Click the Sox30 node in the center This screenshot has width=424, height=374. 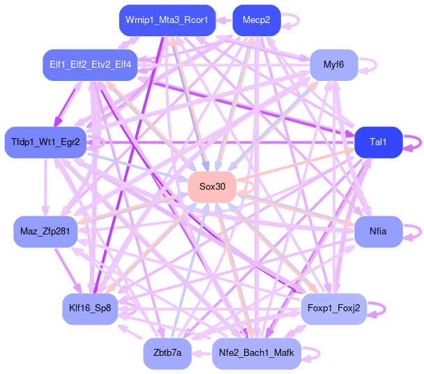click(212, 186)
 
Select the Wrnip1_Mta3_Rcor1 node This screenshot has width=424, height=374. click(167, 20)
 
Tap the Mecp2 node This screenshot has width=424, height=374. click(256, 20)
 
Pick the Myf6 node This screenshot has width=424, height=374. click(334, 65)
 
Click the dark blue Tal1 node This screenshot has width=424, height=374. click(378, 142)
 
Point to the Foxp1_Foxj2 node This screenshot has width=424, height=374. click(333, 308)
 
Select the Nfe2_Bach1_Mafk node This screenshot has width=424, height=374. click(256, 353)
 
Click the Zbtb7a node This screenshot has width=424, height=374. click(167, 353)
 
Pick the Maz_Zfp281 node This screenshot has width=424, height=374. click(45, 231)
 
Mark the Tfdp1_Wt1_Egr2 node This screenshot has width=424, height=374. click(45, 142)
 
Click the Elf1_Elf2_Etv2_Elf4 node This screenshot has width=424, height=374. click(90, 65)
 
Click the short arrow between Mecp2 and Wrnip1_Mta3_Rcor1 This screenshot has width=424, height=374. click(224, 20)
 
